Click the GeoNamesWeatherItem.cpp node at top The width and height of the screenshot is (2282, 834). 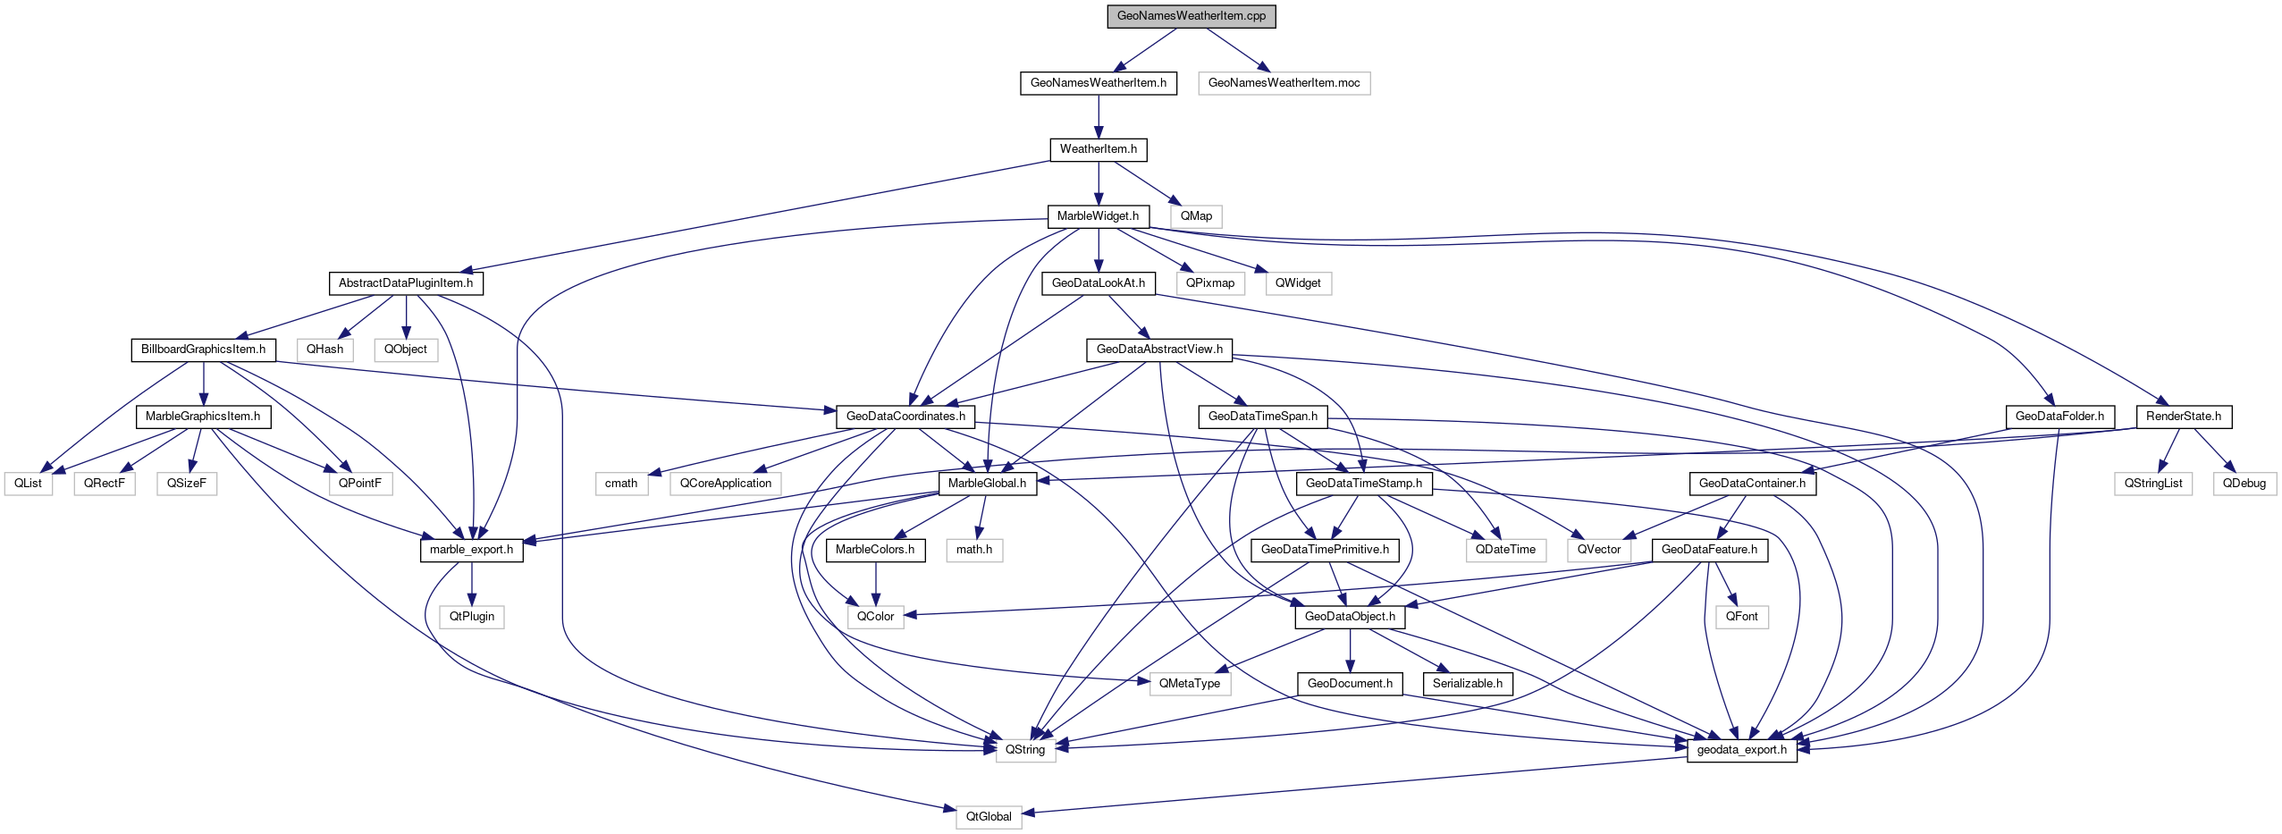pyautogui.click(x=1191, y=16)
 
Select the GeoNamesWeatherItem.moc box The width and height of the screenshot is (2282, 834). pyautogui.click(x=1284, y=83)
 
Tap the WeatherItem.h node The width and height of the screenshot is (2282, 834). pyautogui.click(x=1098, y=149)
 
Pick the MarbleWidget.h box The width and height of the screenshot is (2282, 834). pyautogui.click(x=1098, y=216)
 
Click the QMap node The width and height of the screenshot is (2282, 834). pyautogui.click(x=1196, y=216)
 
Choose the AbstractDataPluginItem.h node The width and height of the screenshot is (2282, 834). pyautogui.click(x=406, y=283)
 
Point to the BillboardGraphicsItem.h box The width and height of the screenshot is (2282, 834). pyautogui.click(x=203, y=350)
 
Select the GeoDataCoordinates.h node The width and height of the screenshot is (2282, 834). pyautogui.click(x=905, y=417)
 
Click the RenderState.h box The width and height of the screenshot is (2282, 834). pyautogui.click(x=2183, y=417)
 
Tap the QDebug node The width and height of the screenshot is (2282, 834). pyautogui.click(x=2244, y=484)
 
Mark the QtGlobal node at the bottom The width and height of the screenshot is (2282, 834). pyautogui.click(x=989, y=817)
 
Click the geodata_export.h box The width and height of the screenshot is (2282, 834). pyautogui.click(x=1741, y=750)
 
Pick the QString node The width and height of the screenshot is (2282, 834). pyautogui.click(x=1024, y=750)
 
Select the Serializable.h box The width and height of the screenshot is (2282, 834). pyautogui.click(x=1468, y=684)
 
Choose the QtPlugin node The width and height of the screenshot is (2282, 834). pyautogui.click(x=472, y=617)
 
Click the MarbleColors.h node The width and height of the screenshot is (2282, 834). pyautogui.click(x=875, y=550)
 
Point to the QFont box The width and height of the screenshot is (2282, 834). pyautogui.click(x=1741, y=617)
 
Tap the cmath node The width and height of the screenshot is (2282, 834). pyautogui.click(x=621, y=484)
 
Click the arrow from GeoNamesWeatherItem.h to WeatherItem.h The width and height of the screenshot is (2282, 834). pyautogui.click(x=1098, y=116)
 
